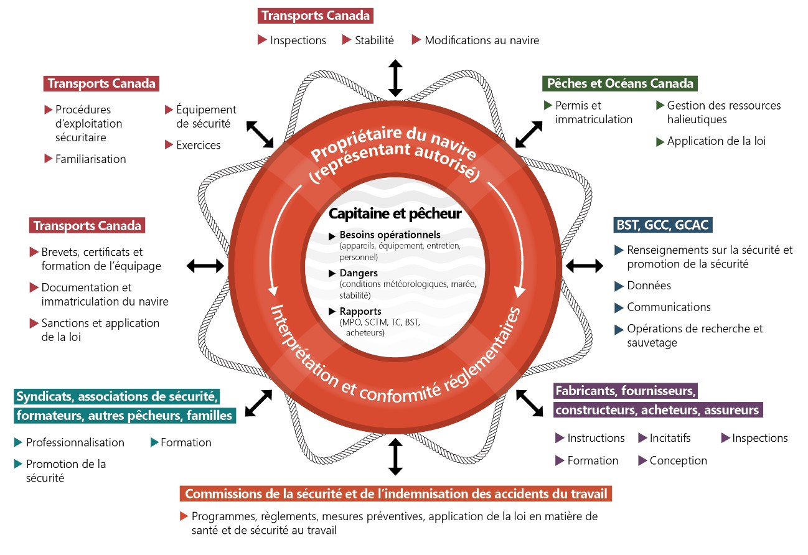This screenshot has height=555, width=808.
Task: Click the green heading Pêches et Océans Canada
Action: pyautogui.click(x=619, y=83)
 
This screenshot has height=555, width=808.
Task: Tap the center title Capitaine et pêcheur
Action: pyautogui.click(x=395, y=213)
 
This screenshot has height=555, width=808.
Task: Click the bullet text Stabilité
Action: pyautogui.click(x=374, y=40)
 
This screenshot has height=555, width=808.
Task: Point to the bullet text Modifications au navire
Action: pyautogui.click(x=481, y=40)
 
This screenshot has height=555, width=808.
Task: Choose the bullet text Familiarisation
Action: pyautogui.click(x=90, y=159)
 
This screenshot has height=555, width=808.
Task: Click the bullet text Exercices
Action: pyautogui.click(x=198, y=145)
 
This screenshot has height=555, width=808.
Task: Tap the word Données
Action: pyautogui.click(x=649, y=286)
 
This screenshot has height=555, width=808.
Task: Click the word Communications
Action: pyautogui.click(x=669, y=307)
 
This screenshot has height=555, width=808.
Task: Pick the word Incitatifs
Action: pyautogui.click(x=670, y=438)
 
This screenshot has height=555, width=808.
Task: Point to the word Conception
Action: pyautogui.click(x=678, y=460)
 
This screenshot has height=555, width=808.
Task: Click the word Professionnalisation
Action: pyautogui.click(x=75, y=442)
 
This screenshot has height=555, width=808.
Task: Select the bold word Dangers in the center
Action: pyautogui.click(x=359, y=273)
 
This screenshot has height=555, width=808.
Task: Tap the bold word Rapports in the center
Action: pyautogui.click(x=360, y=311)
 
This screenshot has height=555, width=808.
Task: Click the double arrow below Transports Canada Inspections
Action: pyautogui.click(x=395, y=78)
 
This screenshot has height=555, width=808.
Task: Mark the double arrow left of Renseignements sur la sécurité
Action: pyautogui.click(x=584, y=266)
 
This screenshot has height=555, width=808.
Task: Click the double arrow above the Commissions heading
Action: pyautogui.click(x=395, y=457)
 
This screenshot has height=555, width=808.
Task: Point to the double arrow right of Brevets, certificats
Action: pyautogui.click(x=205, y=266)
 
